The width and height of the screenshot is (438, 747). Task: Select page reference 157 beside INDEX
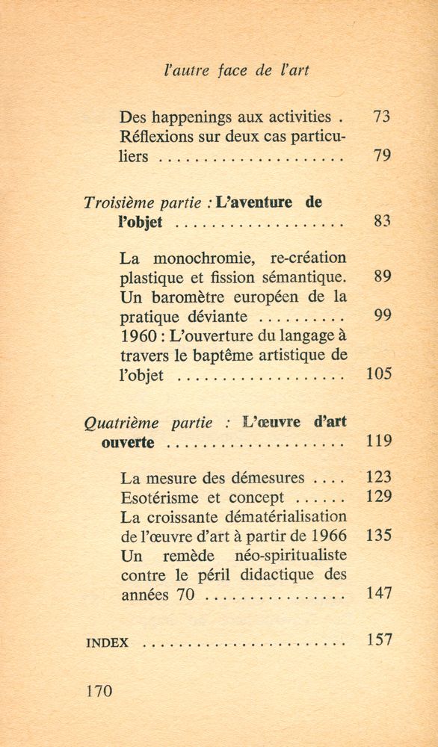pyautogui.click(x=380, y=640)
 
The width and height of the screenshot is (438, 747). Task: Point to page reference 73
pyautogui.click(x=382, y=117)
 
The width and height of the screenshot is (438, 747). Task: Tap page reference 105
pyautogui.click(x=380, y=373)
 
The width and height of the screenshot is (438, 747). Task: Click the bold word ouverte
pyautogui.click(x=128, y=442)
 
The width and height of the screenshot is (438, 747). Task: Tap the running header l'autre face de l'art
pyautogui.click(x=235, y=72)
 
